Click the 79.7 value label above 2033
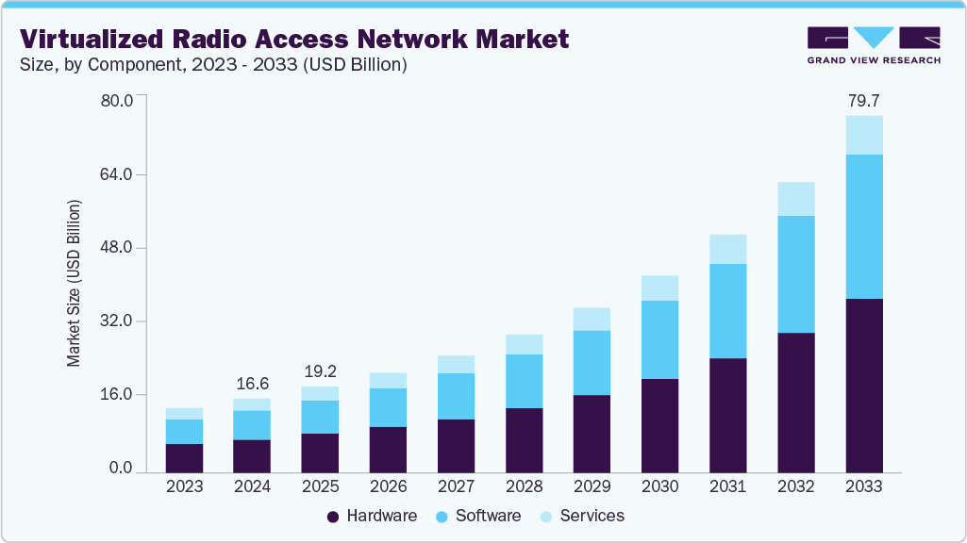[x=863, y=100]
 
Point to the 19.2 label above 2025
[x=320, y=370]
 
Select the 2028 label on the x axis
[x=524, y=487]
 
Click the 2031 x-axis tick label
[x=727, y=487]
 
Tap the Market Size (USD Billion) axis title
[x=74, y=284]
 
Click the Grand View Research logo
[x=873, y=45]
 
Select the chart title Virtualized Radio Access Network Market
[x=294, y=39]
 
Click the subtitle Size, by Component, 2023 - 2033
[x=213, y=65]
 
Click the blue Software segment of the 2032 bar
[x=795, y=274]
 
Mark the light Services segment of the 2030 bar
[x=659, y=288]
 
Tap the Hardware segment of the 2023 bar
[x=184, y=457]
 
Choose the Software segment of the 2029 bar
[x=592, y=362]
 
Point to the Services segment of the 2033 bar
[x=863, y=135]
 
